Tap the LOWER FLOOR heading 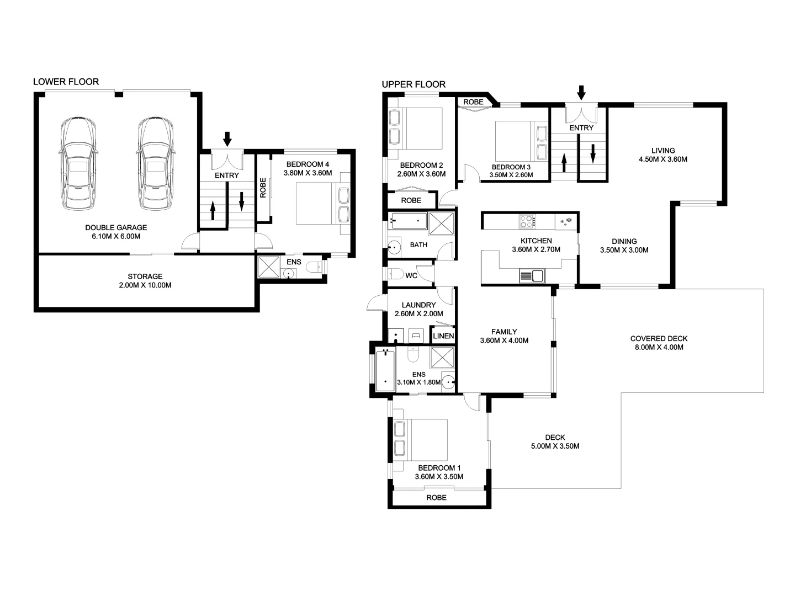66,82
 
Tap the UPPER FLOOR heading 414,84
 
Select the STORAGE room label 145,276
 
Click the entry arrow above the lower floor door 227,138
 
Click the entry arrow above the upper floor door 581,92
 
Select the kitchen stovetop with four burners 527,221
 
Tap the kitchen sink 532,275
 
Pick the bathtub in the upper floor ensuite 385,369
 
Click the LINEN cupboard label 443,336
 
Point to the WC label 411,275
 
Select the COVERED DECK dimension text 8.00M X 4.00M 659,348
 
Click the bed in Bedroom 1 420,439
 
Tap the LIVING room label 662,150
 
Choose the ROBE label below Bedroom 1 436,497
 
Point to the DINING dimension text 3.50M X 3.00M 624,250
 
